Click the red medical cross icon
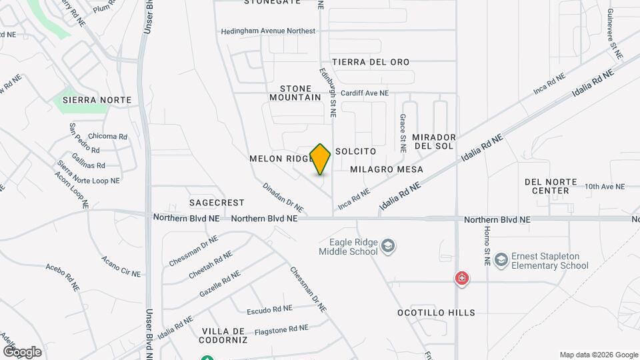[461, 279]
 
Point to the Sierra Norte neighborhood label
[97, 100]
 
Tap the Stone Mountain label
[295, 93]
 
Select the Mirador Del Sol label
[433, 141]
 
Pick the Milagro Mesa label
[387, 169]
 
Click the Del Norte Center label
[547, 186]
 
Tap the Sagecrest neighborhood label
[217, 202]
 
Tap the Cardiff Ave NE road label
[365, 94]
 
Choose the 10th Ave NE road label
[605, 187]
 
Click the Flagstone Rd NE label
[281, 328]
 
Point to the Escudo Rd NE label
[269, 309]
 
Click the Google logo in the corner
[22, 351]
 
